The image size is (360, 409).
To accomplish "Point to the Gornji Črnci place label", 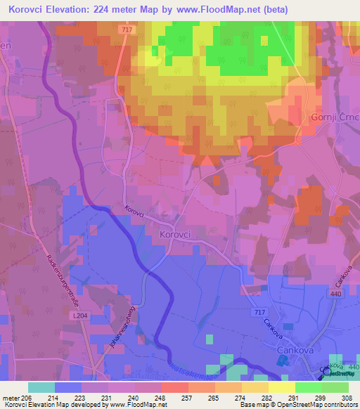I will click(336, 115).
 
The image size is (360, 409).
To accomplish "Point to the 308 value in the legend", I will click(345, 398).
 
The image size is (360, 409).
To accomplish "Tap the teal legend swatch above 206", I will click(41, 387).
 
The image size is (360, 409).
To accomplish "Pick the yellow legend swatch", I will click(281, 387).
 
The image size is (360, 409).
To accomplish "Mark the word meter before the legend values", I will click(13, 398).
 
